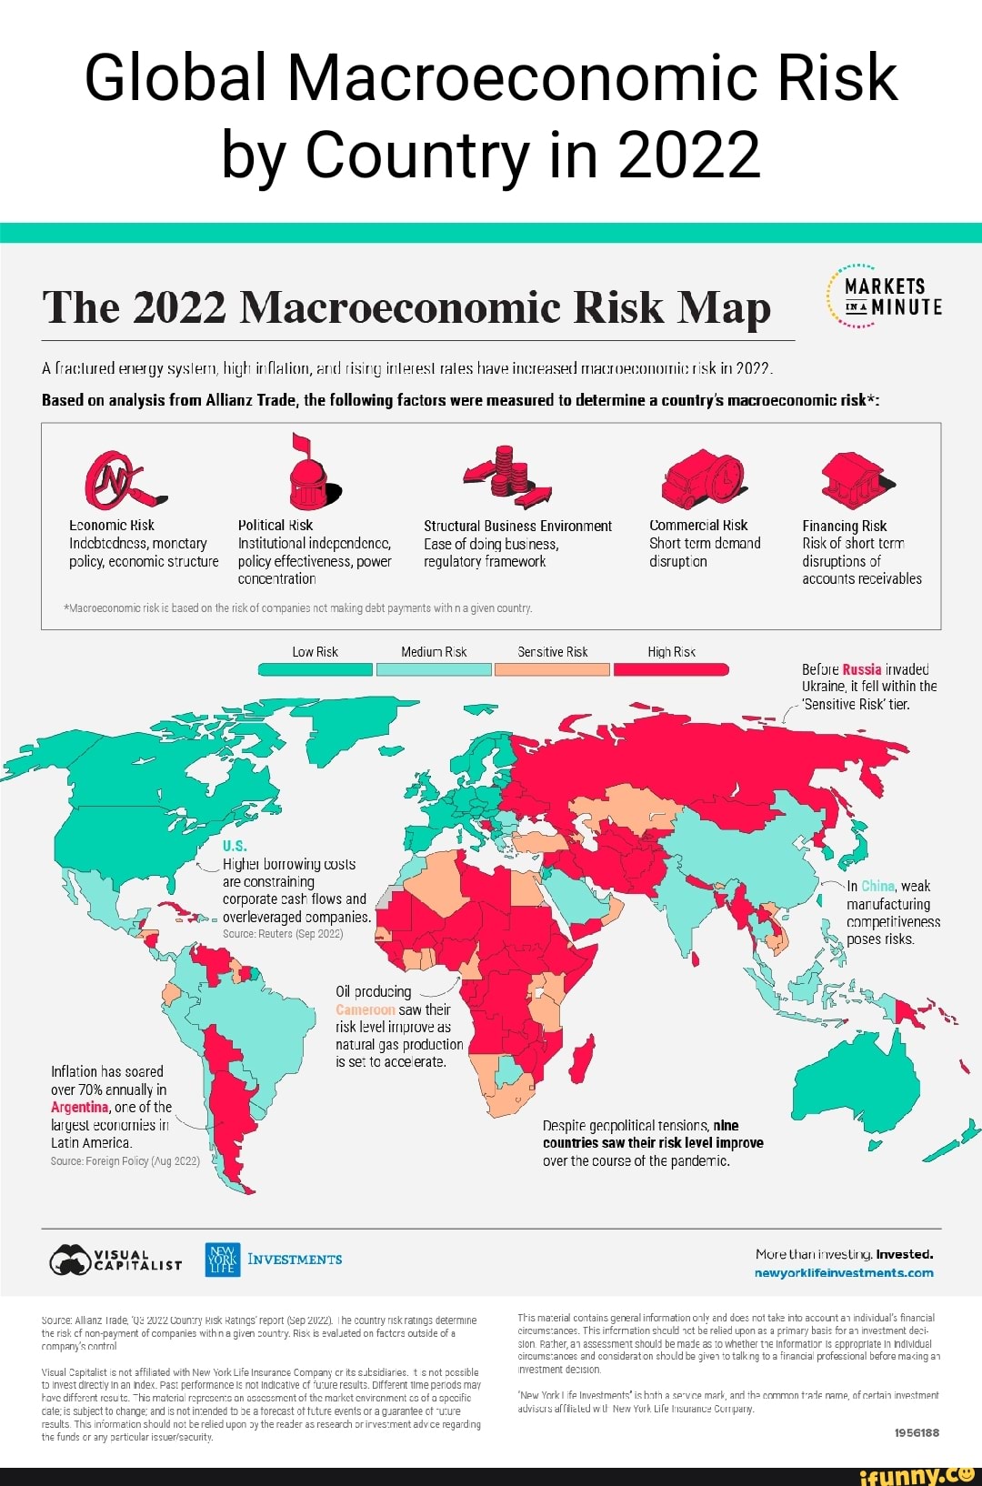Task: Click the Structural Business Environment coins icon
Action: tap(510, 474)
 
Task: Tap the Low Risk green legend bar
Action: tap(315, 669)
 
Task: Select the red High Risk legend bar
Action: tap(671, 669)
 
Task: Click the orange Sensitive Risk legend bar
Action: tap(552, 669)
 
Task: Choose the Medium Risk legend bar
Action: tap(434, 669)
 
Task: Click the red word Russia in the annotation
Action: tap(861, 669)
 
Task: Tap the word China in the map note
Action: tap(877, 886)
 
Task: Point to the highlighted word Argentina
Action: tap(79, 1107)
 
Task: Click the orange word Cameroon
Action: tap(365, 1009)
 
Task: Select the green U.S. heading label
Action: tap(235, 846)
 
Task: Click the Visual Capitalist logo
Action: tap(115, 1260)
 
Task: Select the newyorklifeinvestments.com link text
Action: tap(843, 1272)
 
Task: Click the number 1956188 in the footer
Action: tap(917, 1432)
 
